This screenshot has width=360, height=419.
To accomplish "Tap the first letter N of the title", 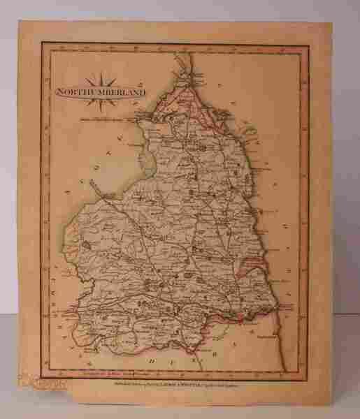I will [x=59, y=92].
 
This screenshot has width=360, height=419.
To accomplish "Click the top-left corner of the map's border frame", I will [x=43, y=41].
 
